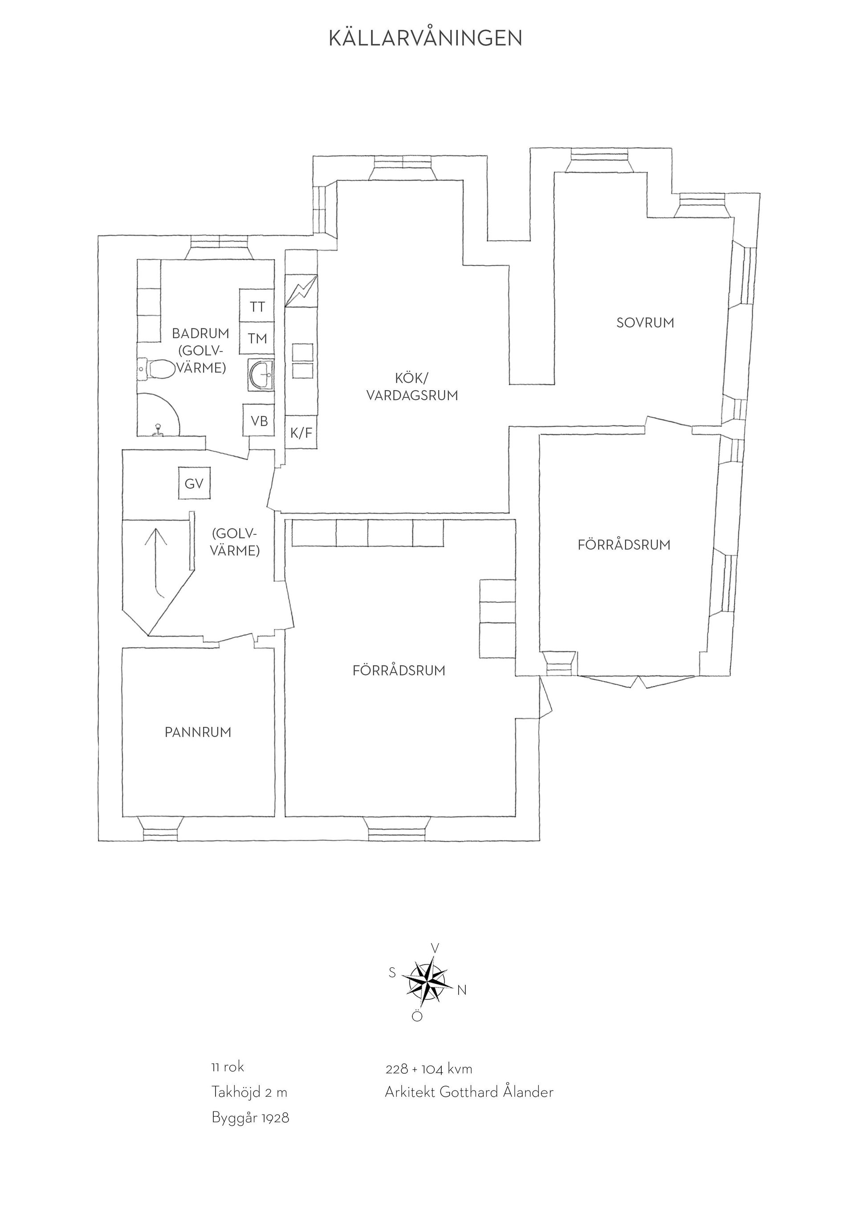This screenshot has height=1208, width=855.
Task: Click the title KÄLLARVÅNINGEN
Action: [425, 38]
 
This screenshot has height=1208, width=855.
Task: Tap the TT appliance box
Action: [257, 306]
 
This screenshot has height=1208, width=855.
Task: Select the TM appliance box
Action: [257, 338]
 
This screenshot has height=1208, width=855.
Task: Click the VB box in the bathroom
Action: [258, 420]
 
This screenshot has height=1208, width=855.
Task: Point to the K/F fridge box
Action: [301, 432]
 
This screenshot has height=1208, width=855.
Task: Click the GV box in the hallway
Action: [194, 484]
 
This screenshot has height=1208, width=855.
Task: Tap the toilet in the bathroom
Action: [156, 369]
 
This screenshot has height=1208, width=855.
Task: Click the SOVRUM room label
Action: [645, 323]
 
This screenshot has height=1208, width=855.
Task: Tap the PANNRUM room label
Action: [198, 732]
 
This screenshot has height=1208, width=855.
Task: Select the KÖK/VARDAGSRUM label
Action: [412, 387]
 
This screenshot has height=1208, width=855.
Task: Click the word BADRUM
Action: [200, 333]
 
